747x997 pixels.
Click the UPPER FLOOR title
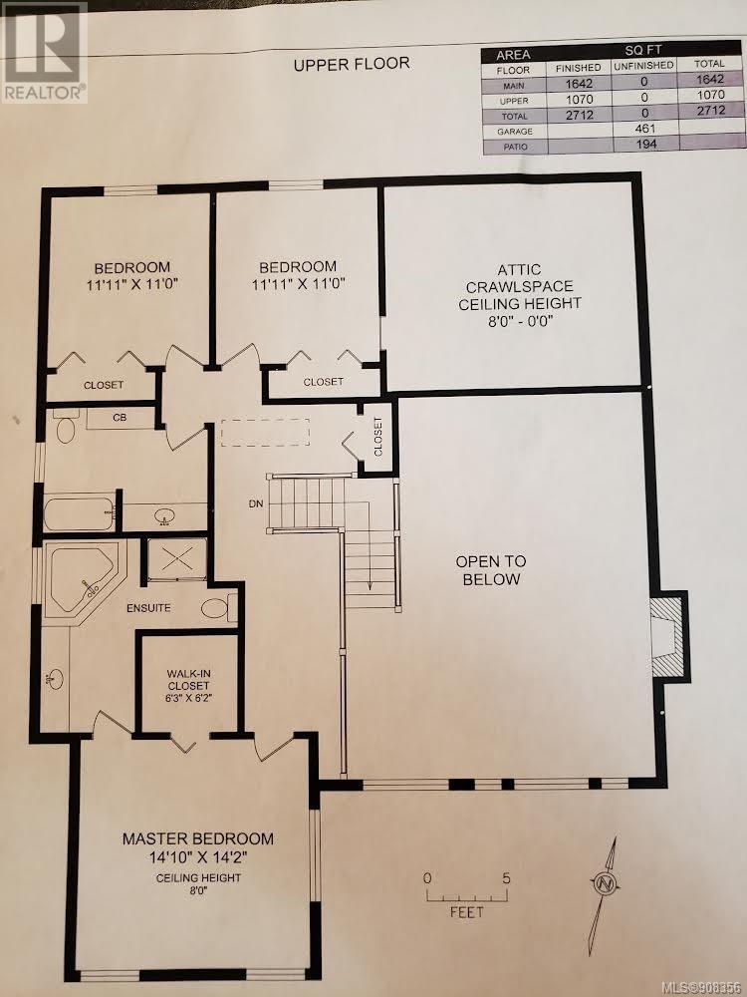pos(352,64)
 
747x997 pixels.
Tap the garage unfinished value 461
pos(644,129)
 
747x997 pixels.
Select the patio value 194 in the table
pos(644,144)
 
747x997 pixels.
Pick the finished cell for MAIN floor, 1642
pos(579,84)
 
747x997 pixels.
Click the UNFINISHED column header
pos(642,66)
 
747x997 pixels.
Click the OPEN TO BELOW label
pos(492,570)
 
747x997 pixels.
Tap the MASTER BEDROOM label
pos(198,838)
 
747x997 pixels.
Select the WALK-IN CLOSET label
pos(188,680)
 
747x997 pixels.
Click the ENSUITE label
pos(148,608)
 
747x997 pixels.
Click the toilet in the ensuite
pos(219,607)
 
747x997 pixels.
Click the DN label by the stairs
pos(256,503)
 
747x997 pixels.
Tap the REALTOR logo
pos(44,52)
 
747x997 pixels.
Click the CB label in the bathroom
pos(120,418)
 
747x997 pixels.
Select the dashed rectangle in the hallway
pos(266,433)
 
